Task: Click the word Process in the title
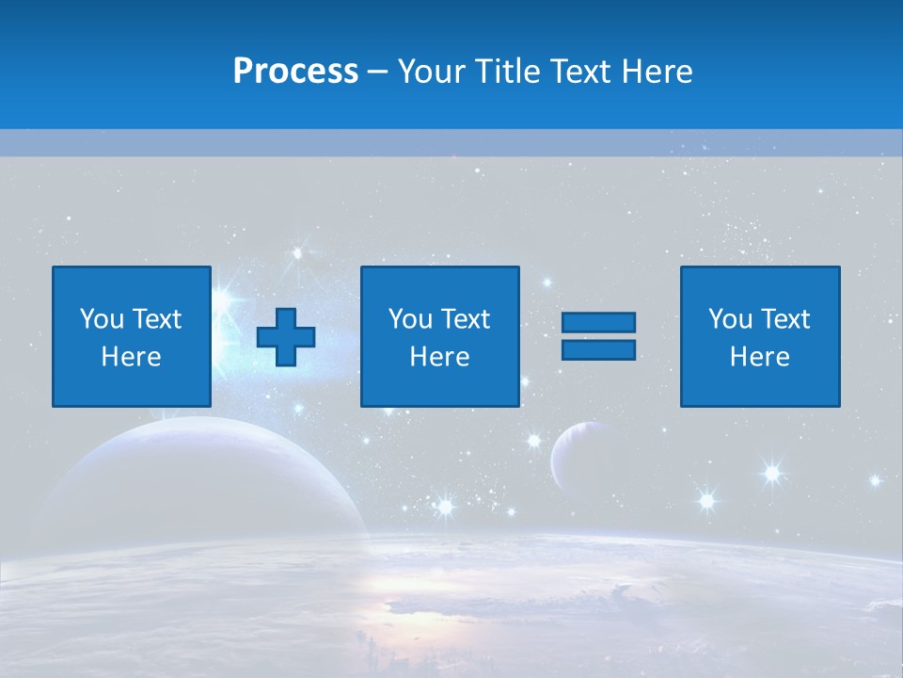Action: coord(295,72)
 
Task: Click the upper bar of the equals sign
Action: coord(598,323)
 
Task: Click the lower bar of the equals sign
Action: coord(598,349)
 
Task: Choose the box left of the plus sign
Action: coord(131,336)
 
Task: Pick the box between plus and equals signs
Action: coord(439,336)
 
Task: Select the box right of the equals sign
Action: coord(759,336)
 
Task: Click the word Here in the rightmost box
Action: coord(759,357)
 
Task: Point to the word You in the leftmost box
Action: coord(102,319)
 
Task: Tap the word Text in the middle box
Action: coord(466,319)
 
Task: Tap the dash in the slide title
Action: coord(378,72)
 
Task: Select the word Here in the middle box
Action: coord(439,357)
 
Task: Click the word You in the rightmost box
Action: coord(730,319)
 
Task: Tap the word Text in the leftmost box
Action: coord(157,319)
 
